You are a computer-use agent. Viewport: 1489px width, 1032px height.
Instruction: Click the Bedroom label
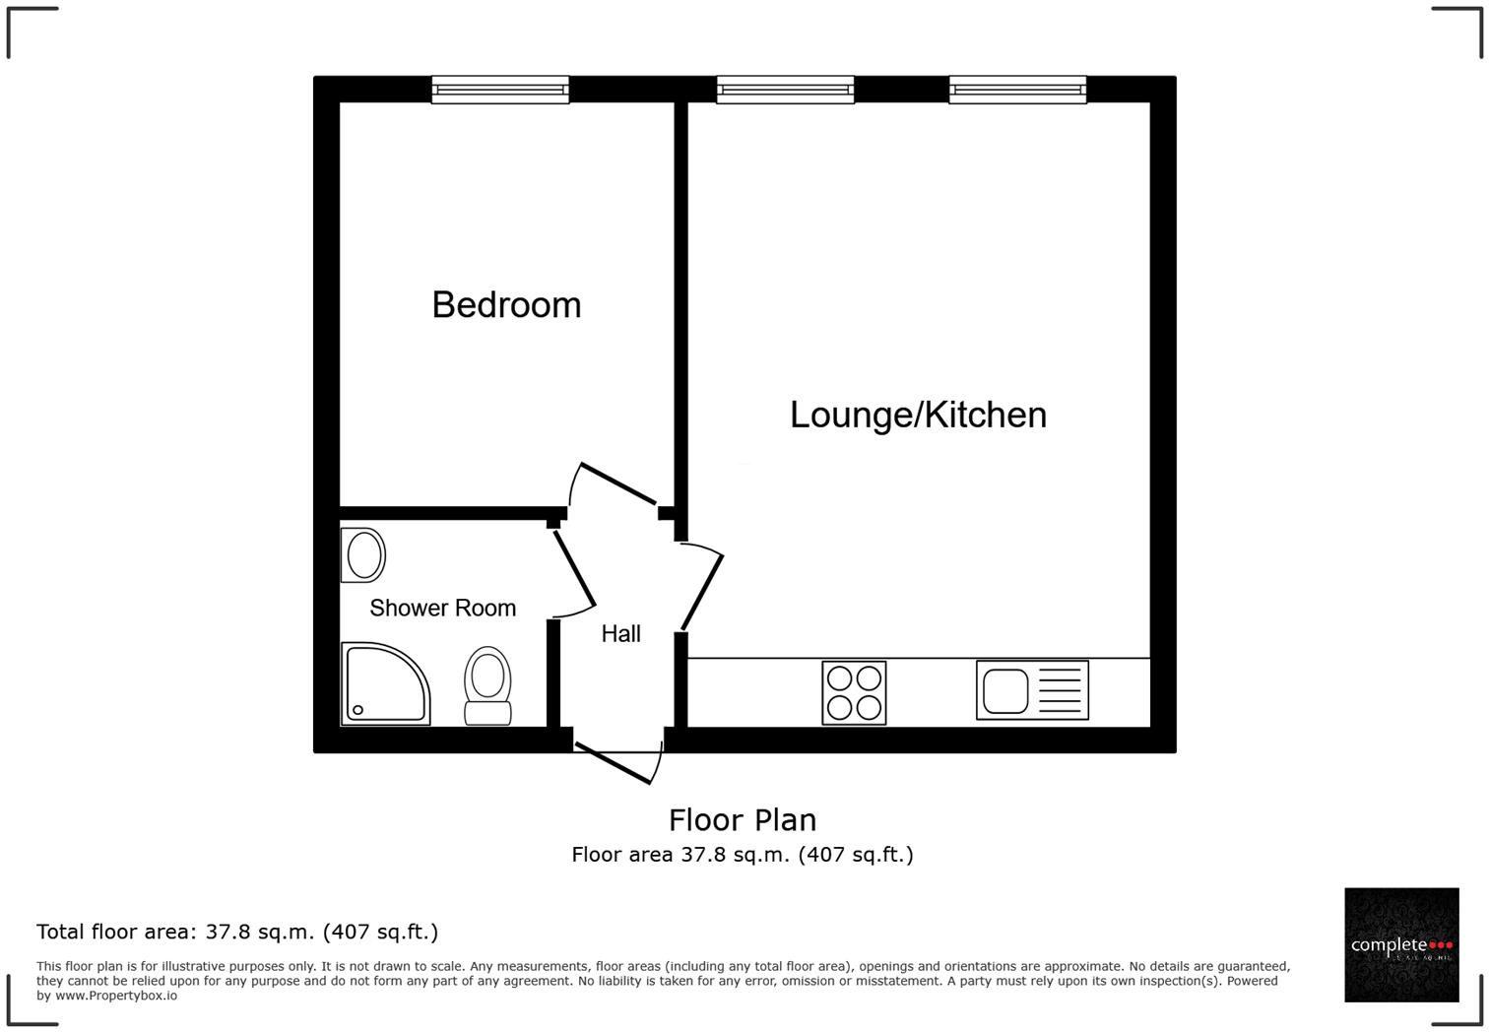click(506, 305)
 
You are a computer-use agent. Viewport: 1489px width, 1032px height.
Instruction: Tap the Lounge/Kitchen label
click(918, 415)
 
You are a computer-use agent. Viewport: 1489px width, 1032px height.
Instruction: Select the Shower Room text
click(442, 609)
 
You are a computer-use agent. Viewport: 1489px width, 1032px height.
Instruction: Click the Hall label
click(620, 634)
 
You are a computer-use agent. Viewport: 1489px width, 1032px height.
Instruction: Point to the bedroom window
click(500, 91)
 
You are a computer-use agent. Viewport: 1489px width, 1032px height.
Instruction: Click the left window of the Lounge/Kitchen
click(785, 91)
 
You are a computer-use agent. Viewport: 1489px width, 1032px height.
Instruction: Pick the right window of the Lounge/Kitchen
click(1017, 91)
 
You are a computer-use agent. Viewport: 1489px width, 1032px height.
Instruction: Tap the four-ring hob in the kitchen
click(854, 693)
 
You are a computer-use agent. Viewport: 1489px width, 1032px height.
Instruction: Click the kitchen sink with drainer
click(1032, 690)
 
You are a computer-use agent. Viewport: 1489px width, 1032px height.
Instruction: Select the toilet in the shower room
click(487, 686)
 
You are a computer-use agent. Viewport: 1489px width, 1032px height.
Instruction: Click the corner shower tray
click(384, 684)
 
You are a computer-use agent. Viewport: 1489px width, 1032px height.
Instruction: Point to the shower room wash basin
click(363, 555)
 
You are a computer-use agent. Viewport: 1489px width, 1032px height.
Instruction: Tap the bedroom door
click(615, 484)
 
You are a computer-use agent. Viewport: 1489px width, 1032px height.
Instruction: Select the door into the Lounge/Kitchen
click(701, 588)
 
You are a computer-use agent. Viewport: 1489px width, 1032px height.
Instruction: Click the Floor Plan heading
click(743, 820)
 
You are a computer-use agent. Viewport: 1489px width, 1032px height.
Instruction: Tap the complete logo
click(1401, 945)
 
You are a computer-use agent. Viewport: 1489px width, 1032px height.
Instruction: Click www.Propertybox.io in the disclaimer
click(116, 996)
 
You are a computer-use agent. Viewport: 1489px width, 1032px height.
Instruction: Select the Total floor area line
click(237, 932)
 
